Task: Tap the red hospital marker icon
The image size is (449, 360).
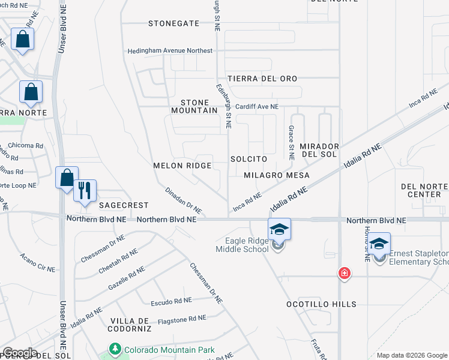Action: [345, 274]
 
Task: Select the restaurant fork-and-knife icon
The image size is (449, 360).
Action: [84, 190]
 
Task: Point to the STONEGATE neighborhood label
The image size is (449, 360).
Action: [174, 23]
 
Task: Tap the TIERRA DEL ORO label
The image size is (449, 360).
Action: [262, 79]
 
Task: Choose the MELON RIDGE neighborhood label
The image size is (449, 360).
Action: [182, 166]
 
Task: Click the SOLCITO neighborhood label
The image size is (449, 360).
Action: [248, 159]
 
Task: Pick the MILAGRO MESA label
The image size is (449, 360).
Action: [277, 175]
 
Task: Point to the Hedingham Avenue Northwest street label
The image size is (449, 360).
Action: [170, 51]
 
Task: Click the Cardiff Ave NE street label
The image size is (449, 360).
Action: [257, 106]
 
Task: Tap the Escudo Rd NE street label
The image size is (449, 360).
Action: [171, 300]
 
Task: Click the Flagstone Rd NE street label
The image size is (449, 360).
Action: [181, 320]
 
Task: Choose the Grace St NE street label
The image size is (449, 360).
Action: [291, 143]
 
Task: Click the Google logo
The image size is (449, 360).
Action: [20, 353]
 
